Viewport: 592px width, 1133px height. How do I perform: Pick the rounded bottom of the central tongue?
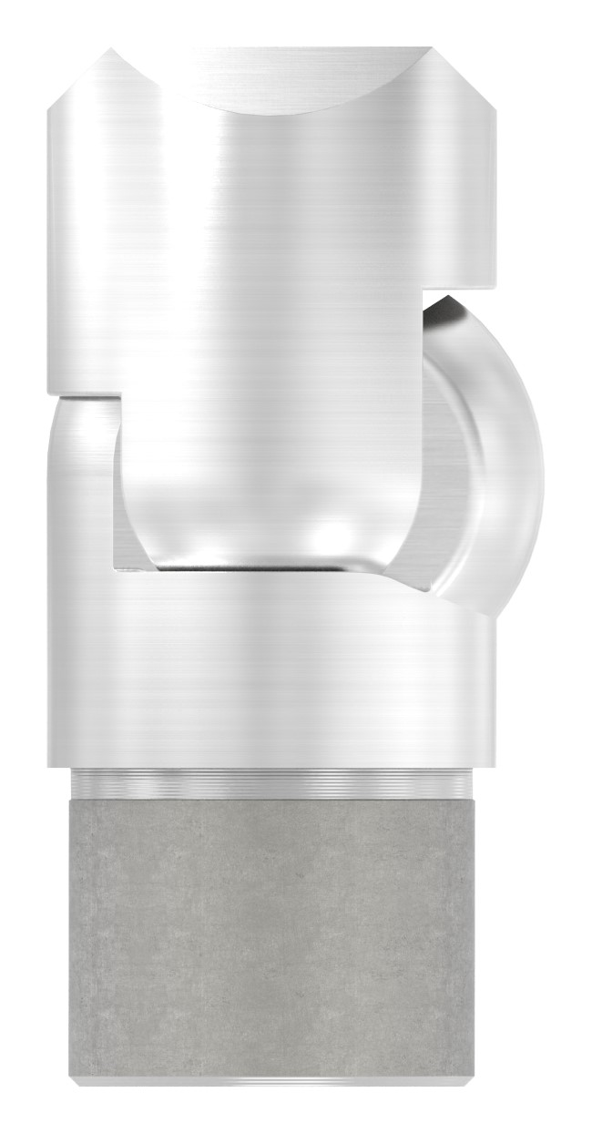(x=273, y=537)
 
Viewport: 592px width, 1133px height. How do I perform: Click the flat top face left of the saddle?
(x=137, y=56)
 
